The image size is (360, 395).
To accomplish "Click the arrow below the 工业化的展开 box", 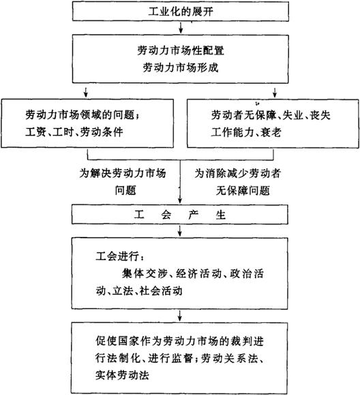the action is [181, 28].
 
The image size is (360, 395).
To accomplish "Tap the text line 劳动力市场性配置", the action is [181, 50].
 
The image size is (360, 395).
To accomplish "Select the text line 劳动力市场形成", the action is [181, 67].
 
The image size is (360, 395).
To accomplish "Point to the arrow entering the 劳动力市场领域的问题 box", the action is [86, 92].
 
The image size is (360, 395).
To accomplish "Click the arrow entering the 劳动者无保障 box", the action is [275, 92].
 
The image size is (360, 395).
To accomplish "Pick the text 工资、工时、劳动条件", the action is [74, 131].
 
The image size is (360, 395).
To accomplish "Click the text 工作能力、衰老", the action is [246, 132].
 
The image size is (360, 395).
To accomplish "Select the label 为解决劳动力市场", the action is [123, 173].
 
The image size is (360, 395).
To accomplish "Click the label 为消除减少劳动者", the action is [238, 173].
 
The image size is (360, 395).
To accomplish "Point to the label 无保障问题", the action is [243, 191].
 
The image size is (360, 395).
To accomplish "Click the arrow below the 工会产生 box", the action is [179, 231].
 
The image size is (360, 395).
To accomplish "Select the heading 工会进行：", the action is [120, 257].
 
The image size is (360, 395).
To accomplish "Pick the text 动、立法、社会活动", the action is [139, 291].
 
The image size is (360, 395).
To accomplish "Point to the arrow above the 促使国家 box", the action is [179, 315].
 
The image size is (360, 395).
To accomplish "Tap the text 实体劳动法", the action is [122, 375].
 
